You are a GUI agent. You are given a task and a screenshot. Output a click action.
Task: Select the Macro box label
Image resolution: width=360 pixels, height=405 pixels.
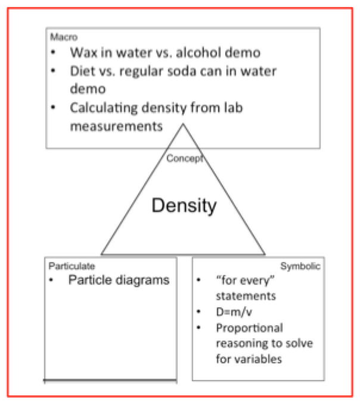(x=60, y=37)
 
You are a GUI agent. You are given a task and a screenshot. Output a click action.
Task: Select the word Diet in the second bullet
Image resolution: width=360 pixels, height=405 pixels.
(x=83, y=71)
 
